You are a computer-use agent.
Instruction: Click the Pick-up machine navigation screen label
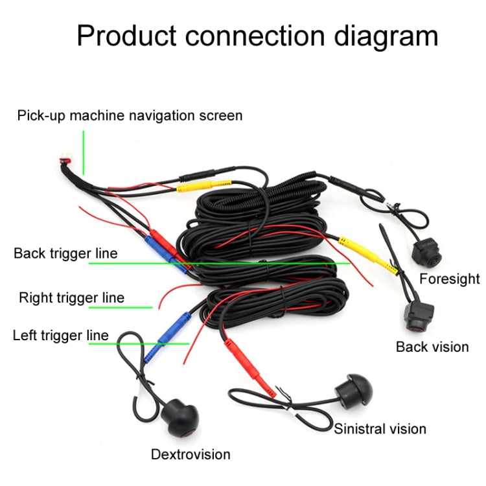pyautogui.click(x=130, y=116)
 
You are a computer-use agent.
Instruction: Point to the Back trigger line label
pyautogui.click(x=65, y=253)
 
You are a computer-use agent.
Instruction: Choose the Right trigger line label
pyautogui.click(x=71, y=298)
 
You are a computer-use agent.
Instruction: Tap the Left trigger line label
pyautogui.click(x=60, y=336)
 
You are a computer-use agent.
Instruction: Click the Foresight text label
pyautogui.click(x=449, y=279)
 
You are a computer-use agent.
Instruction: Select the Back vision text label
pyautogui.click(x=432, y=347)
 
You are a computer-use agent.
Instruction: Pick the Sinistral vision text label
pyautogui.click(x=380, y=428)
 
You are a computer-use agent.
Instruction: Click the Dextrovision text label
pyautogui.click(x=191, y=454)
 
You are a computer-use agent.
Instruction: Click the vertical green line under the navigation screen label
pyautogui.click(x=84, y=152)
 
